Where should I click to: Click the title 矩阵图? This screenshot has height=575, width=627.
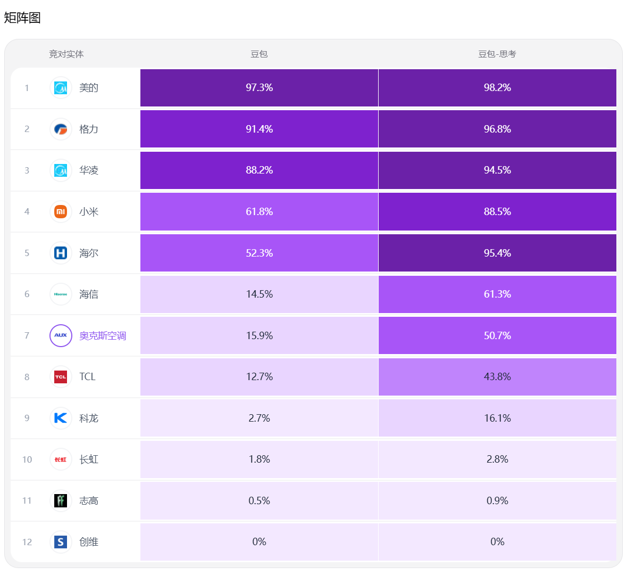22,18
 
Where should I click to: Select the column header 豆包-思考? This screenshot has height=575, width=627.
497,54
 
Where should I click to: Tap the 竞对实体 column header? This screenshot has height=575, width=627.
66,54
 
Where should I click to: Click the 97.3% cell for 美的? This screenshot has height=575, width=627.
259,88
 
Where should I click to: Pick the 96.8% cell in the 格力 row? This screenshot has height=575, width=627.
497,129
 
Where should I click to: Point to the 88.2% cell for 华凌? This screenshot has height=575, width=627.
259,170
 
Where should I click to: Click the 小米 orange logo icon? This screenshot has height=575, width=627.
61,211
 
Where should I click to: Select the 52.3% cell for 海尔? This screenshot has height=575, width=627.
259,253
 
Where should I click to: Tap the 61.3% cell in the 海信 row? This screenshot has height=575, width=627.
497,294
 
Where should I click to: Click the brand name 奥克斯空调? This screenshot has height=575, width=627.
103,335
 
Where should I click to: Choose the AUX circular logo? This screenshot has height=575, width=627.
61,335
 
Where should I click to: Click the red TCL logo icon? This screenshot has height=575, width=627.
61,377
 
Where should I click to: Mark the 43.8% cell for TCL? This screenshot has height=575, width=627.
497,377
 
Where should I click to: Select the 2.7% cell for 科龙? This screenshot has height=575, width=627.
259,418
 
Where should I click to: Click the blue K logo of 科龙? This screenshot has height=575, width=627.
61,418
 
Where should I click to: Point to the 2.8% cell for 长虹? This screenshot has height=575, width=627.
497,459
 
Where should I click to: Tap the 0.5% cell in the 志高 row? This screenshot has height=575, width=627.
259,500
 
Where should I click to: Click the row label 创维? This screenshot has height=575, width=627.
89,542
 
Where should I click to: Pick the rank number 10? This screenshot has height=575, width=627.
27,459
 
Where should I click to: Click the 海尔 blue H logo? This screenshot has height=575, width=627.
61,253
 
